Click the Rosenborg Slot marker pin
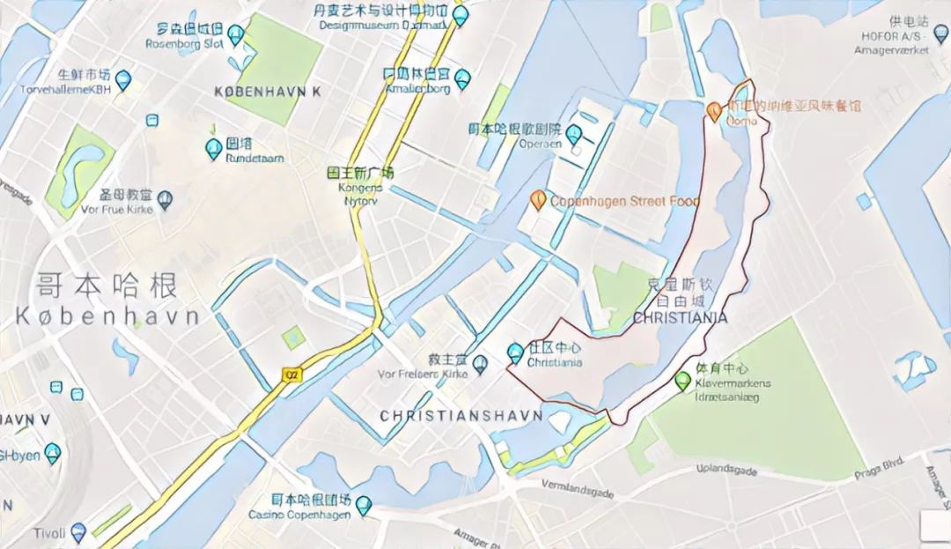236,34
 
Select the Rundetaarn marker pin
213,149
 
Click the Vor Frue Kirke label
118,209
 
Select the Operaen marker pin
574,135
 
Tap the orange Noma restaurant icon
715,110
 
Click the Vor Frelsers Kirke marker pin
480,362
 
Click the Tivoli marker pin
78,531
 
